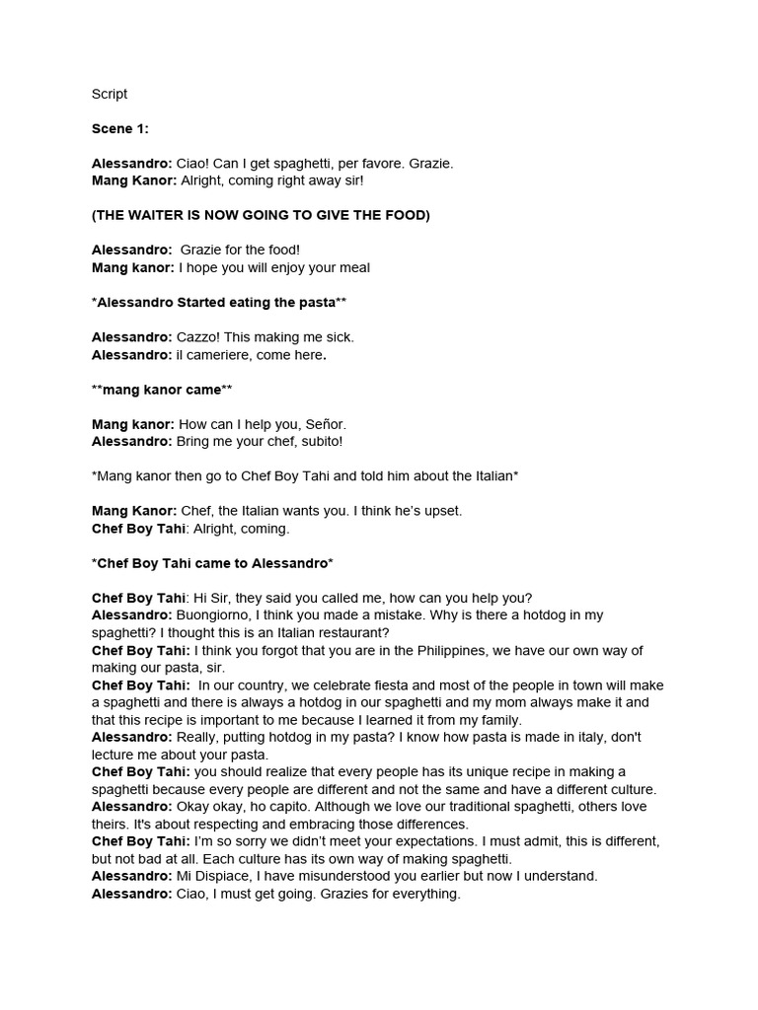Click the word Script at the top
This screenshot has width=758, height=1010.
110,95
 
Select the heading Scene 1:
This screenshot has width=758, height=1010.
119,129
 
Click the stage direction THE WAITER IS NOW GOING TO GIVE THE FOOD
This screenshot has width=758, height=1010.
261,215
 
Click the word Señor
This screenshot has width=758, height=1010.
325,424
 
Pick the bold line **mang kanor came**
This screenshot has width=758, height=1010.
162,390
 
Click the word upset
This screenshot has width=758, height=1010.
442,511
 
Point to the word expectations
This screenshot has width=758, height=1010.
425,841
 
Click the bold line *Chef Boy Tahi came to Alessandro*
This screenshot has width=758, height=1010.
212,563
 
